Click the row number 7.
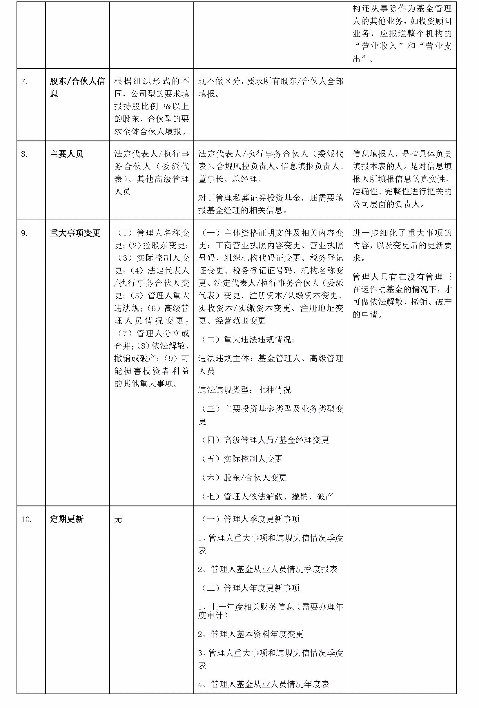click(x=24, y=82)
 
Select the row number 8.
click(x=24, y=154)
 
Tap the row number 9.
click(x=24, y=233)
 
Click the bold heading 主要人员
click(x=66, y=154)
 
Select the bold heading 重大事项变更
click(x=75, y=233)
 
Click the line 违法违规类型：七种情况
click(x=244, y=390)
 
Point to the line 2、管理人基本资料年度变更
click(x=251, y=634)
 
